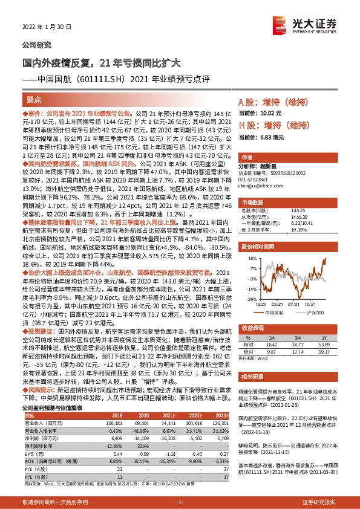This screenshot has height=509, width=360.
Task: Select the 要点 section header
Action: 35,99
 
